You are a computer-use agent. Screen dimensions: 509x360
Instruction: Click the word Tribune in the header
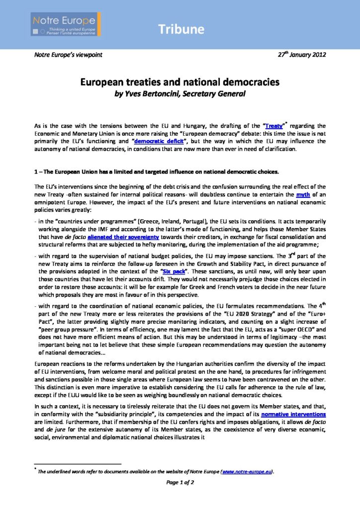point(181,30)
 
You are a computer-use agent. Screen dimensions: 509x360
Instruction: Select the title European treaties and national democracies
point(180,83)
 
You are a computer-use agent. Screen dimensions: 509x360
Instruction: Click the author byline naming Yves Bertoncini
point(180,92)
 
